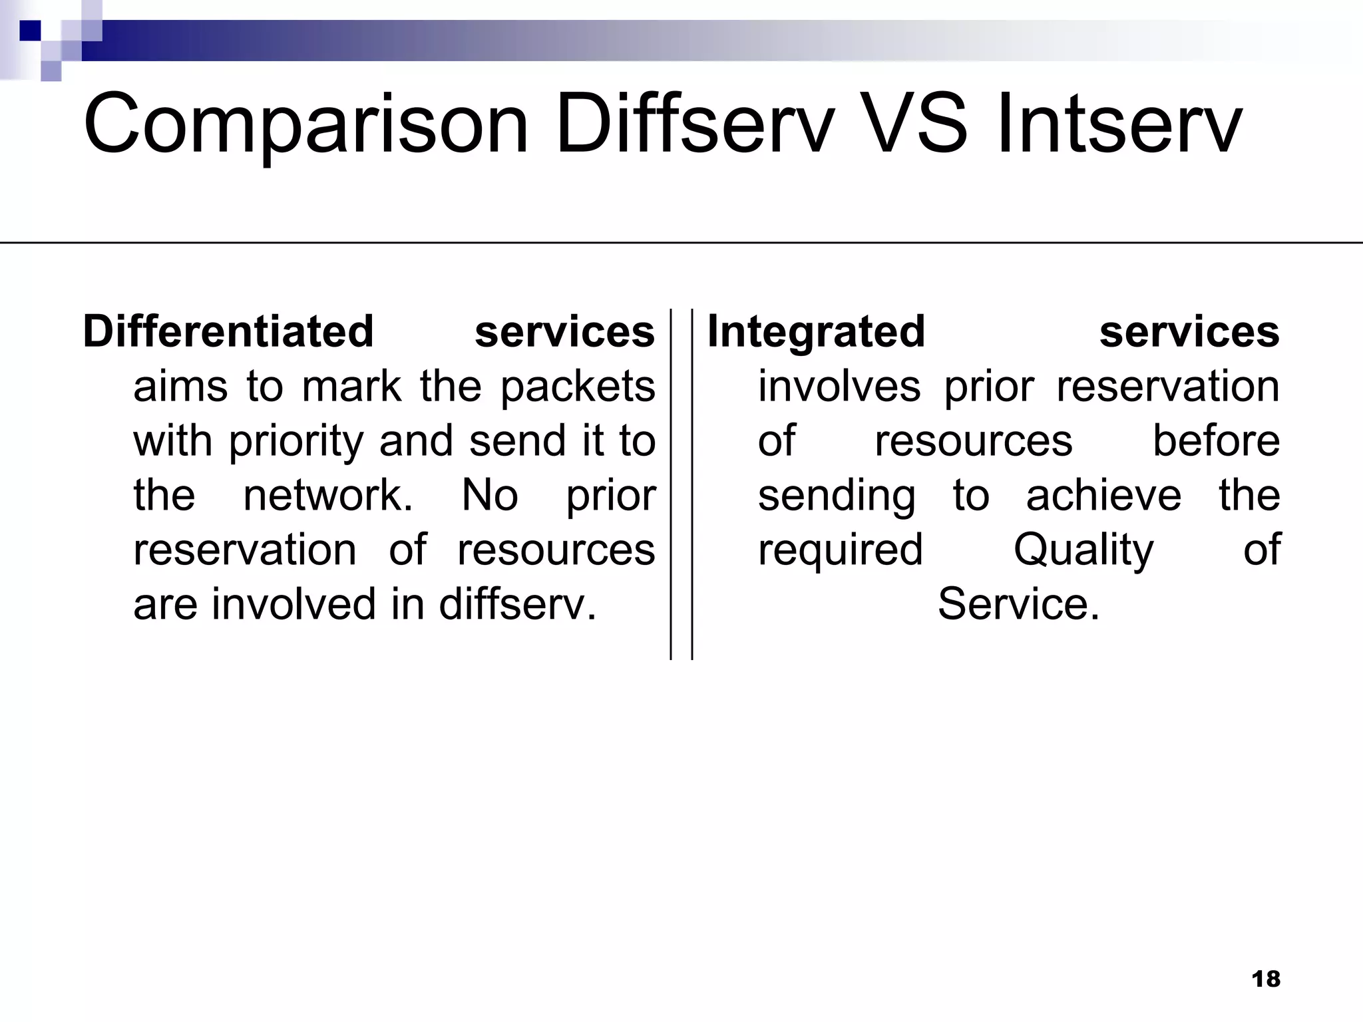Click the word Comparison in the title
click(305, 125)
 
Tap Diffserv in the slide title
click(694, 124)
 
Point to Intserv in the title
click(1118, 124)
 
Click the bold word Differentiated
click(228, 331)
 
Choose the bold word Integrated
click(816, 331)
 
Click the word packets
click(578, 387)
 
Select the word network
click(327, 496)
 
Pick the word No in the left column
click(490, 496)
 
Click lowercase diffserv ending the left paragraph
click(517, 604)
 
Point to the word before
click(1216, 441)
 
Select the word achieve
click(1103, 496)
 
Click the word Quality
click(1083, 551)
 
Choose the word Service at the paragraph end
click(1018, 604)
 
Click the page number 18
click(1265, 979)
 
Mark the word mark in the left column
click(351, 387)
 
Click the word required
click(840, 551)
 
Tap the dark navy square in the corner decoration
click(30, 30)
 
